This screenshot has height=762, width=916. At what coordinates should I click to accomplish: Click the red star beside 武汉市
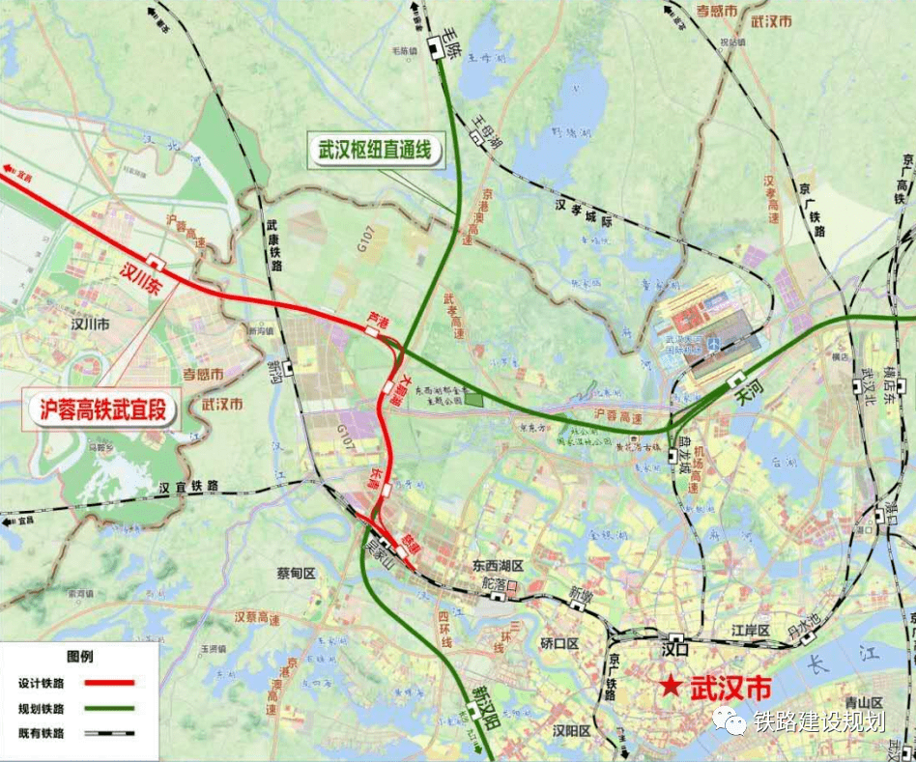668,687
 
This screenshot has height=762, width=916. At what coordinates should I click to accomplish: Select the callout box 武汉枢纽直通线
376,151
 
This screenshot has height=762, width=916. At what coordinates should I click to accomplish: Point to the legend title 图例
80,657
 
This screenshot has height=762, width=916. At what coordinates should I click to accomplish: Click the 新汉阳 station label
482,714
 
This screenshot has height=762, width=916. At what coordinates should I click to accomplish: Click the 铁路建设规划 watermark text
819,721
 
